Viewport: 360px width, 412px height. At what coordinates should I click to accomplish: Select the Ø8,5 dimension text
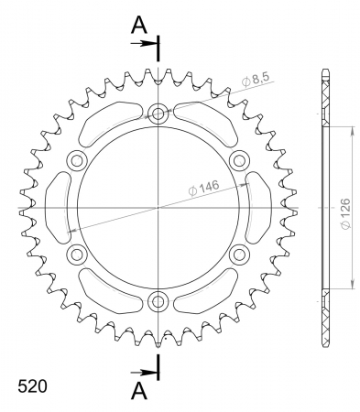tap(256, 82)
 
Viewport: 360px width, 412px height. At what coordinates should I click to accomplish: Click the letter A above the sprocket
tap(138, 26)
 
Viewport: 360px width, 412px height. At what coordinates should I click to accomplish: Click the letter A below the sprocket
tap(138, 391)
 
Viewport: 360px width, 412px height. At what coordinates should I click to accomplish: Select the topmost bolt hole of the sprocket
tap(158, 114)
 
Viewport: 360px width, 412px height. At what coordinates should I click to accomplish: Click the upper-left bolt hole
tap(78, 161)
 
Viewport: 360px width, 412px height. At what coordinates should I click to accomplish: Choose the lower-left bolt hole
tap(78, 254)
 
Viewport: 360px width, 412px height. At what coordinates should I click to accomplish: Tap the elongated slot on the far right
tap(260, 208)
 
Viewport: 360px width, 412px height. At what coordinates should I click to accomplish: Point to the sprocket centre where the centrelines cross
tap(158, 208)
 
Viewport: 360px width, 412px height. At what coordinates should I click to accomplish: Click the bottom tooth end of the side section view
tap(325, 340)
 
